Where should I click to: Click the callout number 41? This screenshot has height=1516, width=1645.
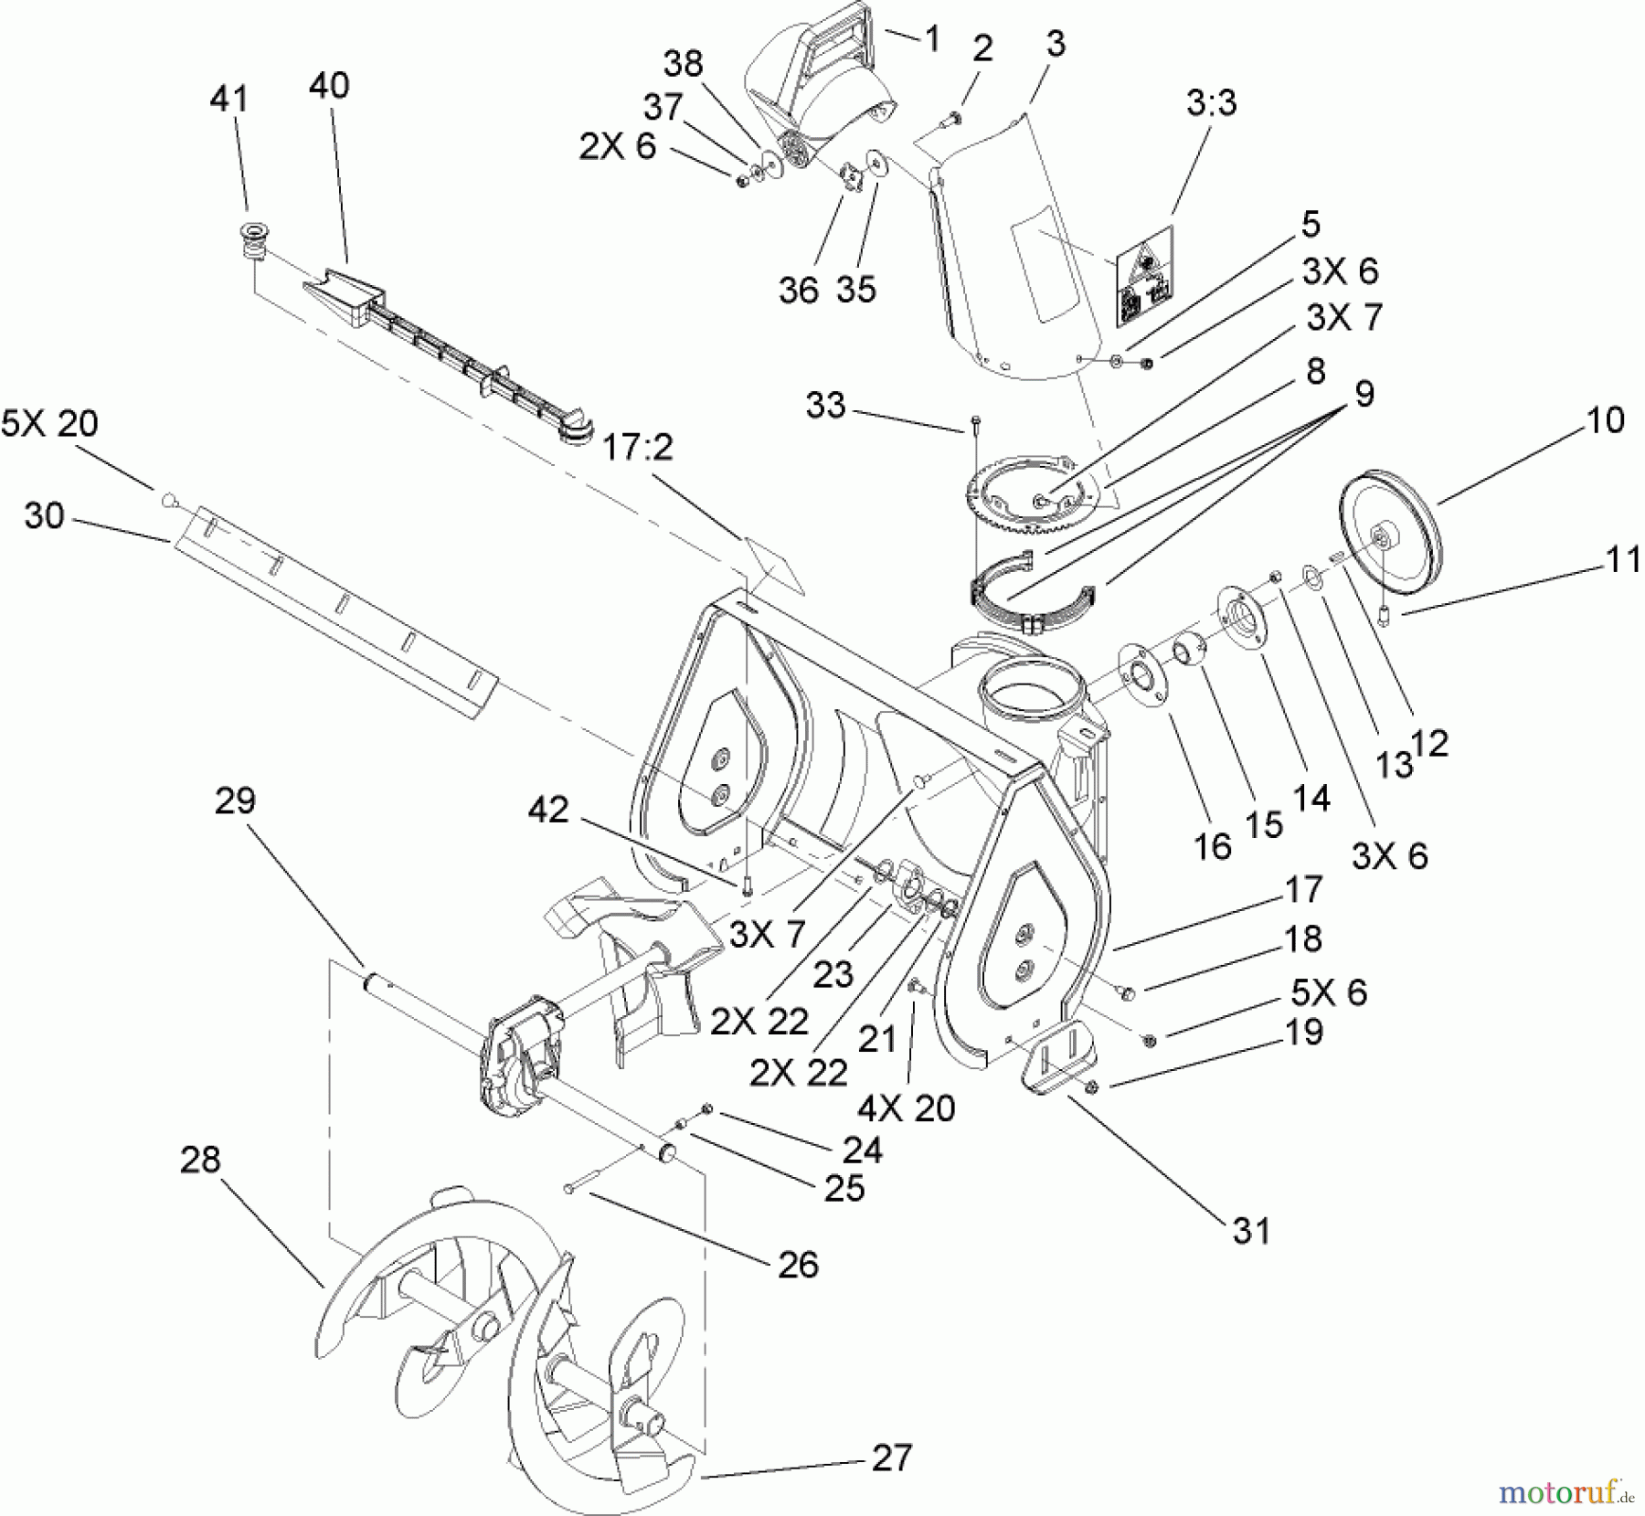(228, 99)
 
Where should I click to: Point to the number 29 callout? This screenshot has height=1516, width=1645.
(235, 800)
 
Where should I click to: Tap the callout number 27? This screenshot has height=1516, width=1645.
(891, 1457)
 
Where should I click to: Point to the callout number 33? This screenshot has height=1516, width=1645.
(826, 405)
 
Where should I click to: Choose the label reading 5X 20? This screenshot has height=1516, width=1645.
(49, 424)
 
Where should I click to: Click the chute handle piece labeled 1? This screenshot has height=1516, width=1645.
(813, 73)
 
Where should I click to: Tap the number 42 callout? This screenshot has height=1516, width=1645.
(548, 810)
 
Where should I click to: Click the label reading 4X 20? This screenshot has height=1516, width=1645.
(906, 1108)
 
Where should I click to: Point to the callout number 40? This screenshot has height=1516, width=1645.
(329, 85)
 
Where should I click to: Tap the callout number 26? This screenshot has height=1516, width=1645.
(798, 1265)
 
